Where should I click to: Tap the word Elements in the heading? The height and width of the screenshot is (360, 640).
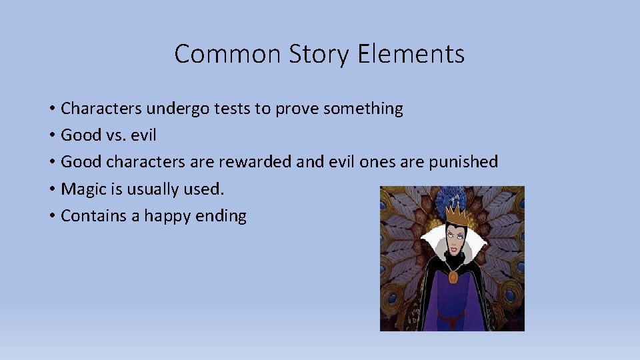[411, 54]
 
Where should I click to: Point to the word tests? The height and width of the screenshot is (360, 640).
[233, 108]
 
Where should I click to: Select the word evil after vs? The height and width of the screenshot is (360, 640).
[144, 135]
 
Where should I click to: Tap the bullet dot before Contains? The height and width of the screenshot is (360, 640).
[51, 216]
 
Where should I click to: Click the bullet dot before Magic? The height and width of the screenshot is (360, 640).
[51, 189]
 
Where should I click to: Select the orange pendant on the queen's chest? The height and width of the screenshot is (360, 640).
[453, 276]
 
